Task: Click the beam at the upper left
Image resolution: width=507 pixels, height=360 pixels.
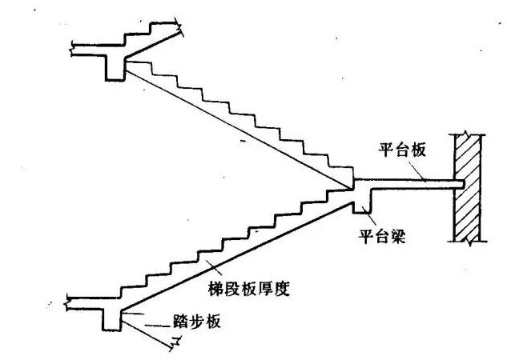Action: pos(114,66)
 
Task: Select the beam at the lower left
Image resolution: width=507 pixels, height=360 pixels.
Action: pos(113,318)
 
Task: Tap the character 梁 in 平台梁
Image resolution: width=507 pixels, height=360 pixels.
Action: pos(393,238)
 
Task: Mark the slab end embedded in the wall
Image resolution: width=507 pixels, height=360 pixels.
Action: pos(458,185)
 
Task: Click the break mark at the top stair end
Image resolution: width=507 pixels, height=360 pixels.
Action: pos(183,34)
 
